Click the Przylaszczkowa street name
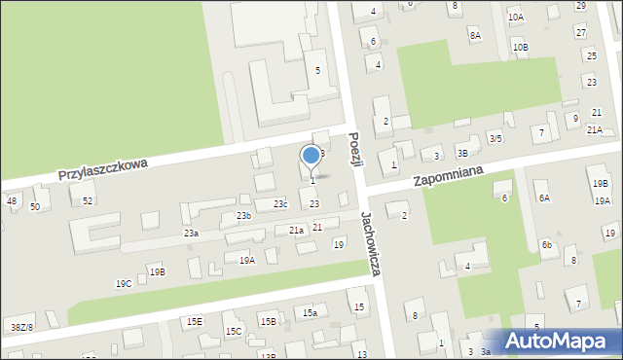[x=102, y=171]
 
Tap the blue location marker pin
[x=311, y=156]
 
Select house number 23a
[x=192, y=234]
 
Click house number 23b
[x=243, y=215]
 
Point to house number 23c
[x=280, y=203]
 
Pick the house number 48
[x=12, y=201]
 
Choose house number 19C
[x=124, y=284]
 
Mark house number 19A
[x=247, y=260]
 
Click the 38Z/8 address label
[x=21, y=328]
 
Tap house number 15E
[x=195, y=321]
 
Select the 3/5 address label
[x=495, y=138]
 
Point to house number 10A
[x=515, y=18]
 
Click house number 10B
[x=521, y=47]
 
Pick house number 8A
[x=475, y=35]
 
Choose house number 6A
[x=545, y=198]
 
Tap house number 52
[x=88, y=200]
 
